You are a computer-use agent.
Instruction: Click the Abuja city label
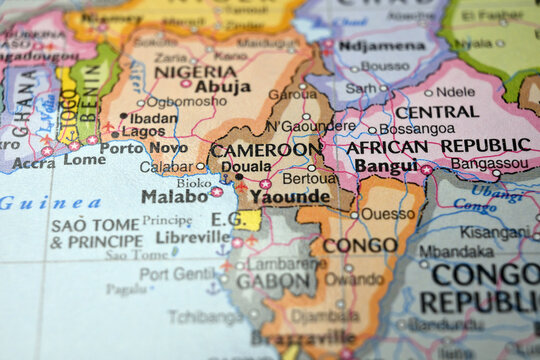point(223,87)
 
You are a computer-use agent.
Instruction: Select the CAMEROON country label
point(266,150)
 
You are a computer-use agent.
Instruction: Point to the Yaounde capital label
point(289,197)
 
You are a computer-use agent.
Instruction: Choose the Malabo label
point(175,196)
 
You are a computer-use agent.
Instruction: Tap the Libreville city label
point(193,238)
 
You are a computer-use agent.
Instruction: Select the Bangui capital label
point(386,166)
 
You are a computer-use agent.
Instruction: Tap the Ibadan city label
point(153,117)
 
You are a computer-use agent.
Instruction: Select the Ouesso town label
point(387,214)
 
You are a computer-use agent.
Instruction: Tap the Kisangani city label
point(494,232)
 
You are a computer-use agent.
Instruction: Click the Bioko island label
point(193,183)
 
